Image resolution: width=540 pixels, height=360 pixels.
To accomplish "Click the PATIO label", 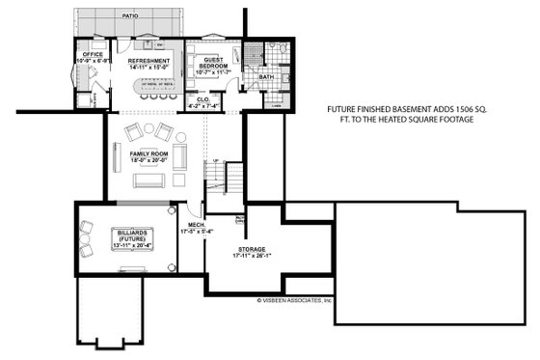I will (128, 16).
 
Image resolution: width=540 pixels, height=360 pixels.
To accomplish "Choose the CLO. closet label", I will (203, 98).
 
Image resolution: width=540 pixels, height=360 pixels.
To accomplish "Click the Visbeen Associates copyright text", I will (294, 300).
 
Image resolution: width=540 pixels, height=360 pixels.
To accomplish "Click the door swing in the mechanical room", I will (197, 208).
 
